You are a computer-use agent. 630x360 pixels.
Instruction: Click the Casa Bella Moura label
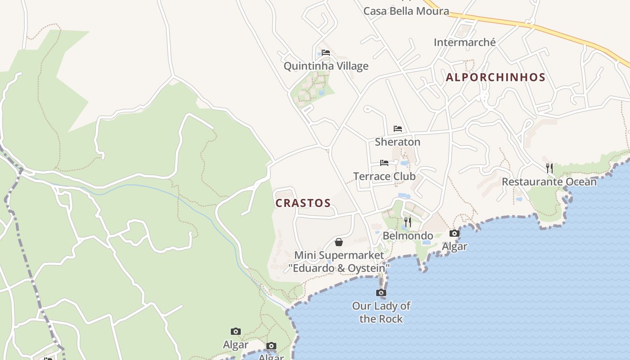click(x=406, y=11)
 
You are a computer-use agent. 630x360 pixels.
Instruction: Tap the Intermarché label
click(x=464, y=42)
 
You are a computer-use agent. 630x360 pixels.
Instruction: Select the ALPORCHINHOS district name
click(x=495, y=77)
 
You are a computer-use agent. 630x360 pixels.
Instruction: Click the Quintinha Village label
click(x=326, y=66)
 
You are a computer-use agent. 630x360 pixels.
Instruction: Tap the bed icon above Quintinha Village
click(x=326, y=53)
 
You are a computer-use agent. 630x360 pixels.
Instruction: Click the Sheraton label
click(x=397, y=142)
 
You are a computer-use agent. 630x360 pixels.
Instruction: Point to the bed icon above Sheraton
click(x=397, y=129)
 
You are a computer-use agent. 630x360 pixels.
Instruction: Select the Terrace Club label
click(x=384, y=176)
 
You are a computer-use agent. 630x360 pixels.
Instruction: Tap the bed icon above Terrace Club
click(x=384, y=163)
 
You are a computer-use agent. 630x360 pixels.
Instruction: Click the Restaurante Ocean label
click(x=549, y=182)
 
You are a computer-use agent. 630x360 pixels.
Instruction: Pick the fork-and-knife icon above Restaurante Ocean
click(x=549, y=168)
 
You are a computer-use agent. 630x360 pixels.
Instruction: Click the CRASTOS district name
click(x=303, y=203)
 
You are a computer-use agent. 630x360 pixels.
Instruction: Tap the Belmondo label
click(x=408, y=236)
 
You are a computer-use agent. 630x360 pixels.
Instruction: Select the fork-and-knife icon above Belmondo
click(x=407, y=222)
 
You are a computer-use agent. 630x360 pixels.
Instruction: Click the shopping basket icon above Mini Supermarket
click(x=339, y=242)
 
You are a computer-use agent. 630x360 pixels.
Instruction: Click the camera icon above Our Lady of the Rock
click(x=381, y=293)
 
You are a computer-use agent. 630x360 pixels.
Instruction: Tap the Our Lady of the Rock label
click(x=381, y=312)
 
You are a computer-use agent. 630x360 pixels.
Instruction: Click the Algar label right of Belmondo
click(x=454, y=246)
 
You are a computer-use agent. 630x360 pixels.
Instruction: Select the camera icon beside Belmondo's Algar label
click(x=454, y=233)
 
